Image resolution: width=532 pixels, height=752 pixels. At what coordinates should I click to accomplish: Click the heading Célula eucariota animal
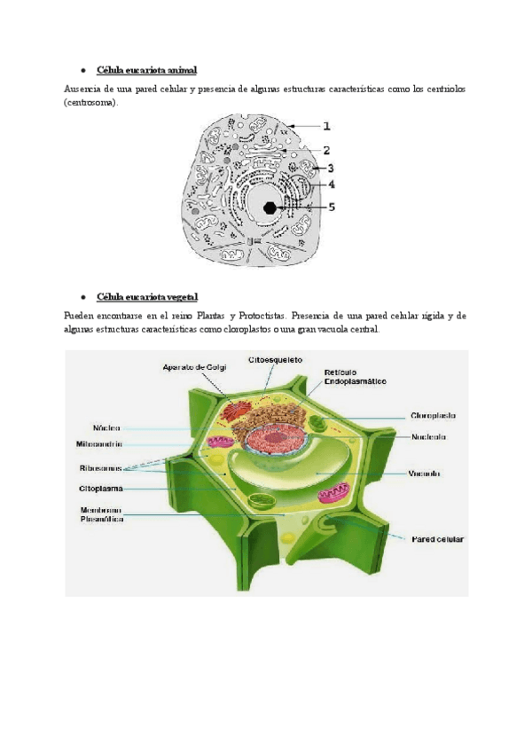[146, 69]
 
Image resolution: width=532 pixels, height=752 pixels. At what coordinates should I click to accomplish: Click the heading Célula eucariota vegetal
[147, 296]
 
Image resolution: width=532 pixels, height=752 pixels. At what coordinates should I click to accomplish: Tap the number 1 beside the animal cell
[326, 127]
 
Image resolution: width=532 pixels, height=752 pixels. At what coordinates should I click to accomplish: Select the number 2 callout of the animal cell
[326, 151]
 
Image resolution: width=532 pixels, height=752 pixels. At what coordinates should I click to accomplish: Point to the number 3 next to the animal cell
[330, 168]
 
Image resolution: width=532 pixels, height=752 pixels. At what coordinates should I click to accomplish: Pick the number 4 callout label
[331, 185]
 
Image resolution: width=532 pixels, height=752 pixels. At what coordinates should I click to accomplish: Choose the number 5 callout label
[332, 207]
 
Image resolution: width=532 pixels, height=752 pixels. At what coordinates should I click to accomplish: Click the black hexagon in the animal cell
[270, 208]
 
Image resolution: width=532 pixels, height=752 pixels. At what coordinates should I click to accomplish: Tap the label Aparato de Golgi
[195, 366]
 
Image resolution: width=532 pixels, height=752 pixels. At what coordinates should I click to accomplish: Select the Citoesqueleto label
[276, 360]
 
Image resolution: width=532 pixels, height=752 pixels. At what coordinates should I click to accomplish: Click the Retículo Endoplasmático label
[355, 376]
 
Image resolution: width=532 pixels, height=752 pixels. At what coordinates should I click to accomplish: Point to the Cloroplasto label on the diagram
[433, 414]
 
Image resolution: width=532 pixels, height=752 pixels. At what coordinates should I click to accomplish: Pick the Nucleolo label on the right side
[428, 436]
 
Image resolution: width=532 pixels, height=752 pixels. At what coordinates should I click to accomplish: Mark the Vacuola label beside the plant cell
[425, 473]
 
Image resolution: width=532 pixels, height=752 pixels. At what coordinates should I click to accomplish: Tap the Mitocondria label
[98, 444]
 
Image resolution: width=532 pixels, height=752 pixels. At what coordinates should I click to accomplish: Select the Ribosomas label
[98, 467]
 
